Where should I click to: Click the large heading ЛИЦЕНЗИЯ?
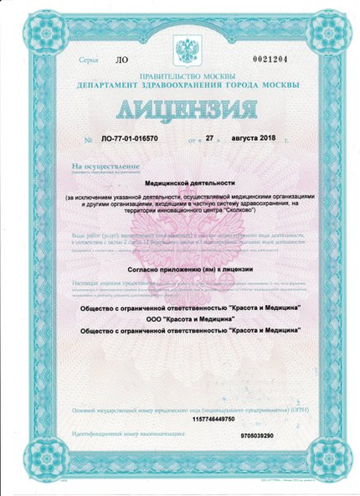pyautogui.click(x=181, y=110)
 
